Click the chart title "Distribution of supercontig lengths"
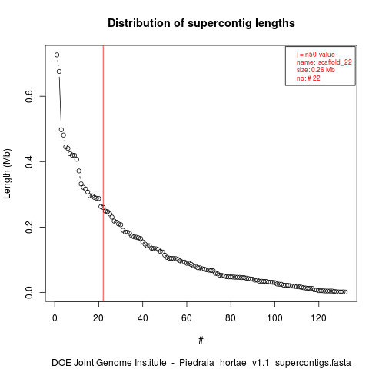tap(201, 23)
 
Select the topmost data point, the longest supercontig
tap(57, 55)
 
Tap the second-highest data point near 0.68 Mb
tap(59, 71)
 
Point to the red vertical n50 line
tap(103, 173)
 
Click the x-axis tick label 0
tap(55, 318)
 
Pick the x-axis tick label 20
tap(98, 318)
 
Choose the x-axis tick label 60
tap(187, 318)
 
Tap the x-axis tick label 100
tap(274, 318)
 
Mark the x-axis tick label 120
tap(318, 318)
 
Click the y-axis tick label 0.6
tap(29, 96)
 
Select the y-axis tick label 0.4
tap(29, 161)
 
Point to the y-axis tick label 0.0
tap(29, 292)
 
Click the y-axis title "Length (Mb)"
tap(7, 174)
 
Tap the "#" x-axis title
tap(201, 341)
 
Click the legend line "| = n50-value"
tap(315, 55)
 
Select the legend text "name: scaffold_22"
tap(324, 62)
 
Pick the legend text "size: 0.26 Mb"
tap(316, 70)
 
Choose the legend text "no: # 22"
tap(308, 78)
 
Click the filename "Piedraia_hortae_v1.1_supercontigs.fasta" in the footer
tap(265, 363)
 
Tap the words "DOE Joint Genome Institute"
tap(109, 363)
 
